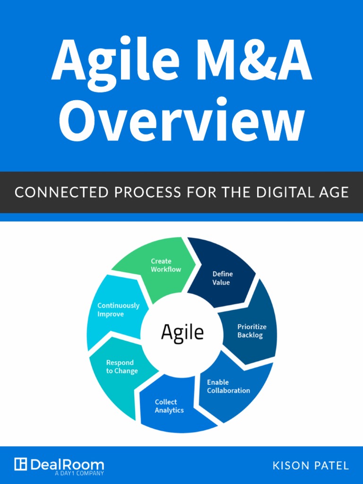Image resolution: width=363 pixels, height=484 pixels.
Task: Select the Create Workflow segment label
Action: tap(165, 265)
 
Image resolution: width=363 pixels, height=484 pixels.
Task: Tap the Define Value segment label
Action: tap(222, 278)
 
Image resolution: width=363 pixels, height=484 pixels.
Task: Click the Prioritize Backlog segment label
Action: tap(251, 331)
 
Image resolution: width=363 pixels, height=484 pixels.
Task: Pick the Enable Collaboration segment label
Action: tap(228, 386)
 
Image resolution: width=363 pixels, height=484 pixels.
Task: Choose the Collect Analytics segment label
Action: tap(169, 406)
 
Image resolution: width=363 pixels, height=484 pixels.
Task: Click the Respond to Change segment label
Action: tap(121, 367)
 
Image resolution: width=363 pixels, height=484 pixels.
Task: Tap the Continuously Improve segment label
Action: tap(118, 310)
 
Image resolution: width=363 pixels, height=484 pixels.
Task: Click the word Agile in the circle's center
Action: tap(182, 332)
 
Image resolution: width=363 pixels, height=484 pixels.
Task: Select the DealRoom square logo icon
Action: tap(20, 464)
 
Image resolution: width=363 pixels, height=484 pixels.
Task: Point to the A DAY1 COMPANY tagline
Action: tap(79, 473)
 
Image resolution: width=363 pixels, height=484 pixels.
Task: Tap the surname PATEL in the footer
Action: tap(332, 466)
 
